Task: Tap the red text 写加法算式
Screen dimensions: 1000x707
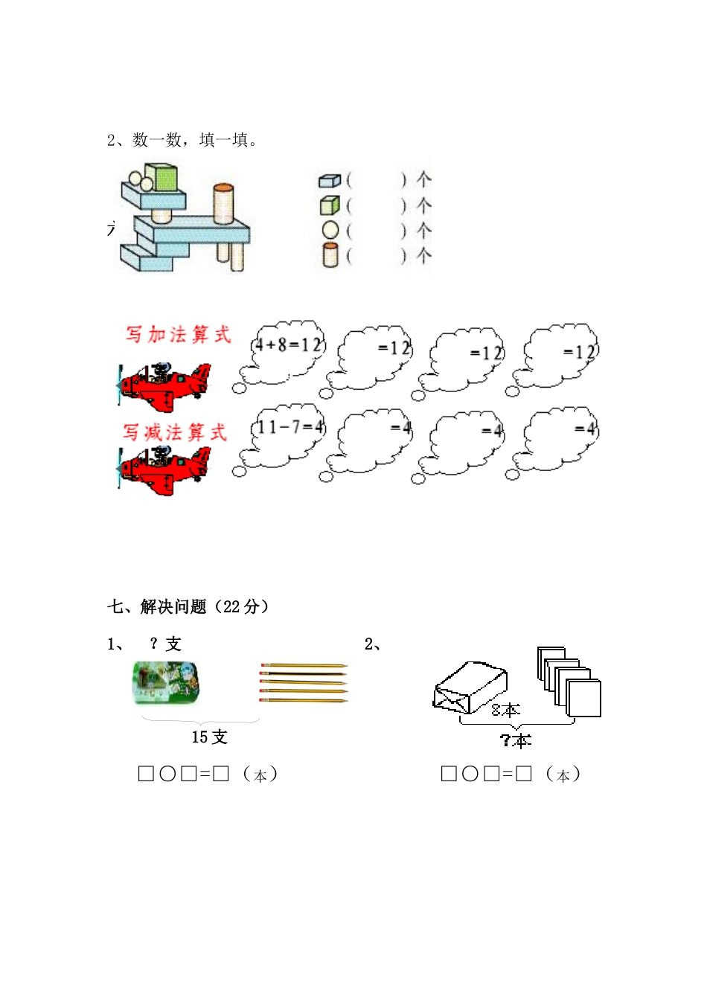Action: click(x=178, y=335)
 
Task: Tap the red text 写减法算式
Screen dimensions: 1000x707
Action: click(x=175, y=432)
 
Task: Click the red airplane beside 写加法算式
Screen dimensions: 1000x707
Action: click(x=166, y=386)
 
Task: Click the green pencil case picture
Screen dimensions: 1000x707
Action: click(x=165, y=683)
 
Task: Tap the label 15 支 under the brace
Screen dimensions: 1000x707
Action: click(x=209, y=737)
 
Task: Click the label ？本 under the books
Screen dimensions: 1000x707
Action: click(x=515, y=740)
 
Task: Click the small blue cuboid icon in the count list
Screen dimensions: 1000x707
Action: click(x=329, y=180)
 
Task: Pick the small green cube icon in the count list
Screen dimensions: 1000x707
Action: click(x=330, y=205)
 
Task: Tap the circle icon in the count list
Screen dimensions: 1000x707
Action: click(x=330, y=231)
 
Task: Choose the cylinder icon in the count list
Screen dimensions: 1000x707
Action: click(x=330, y=255)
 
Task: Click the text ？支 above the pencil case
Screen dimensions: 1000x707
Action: click(x=165, y=644)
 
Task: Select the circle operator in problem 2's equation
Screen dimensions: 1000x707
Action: click(x=470, y=775)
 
